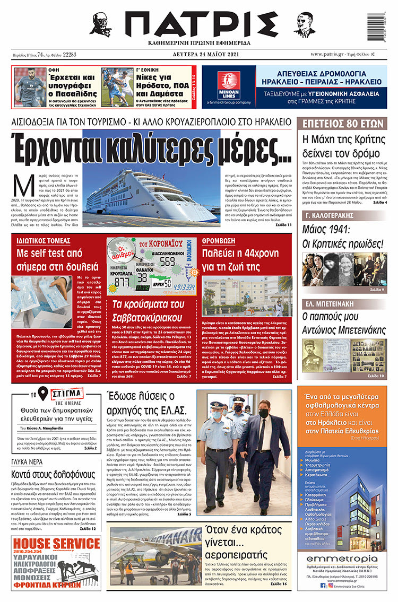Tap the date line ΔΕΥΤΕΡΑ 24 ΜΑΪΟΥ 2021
pos(200,54)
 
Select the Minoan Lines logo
pos(229,85)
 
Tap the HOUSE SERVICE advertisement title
pos(56,544)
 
